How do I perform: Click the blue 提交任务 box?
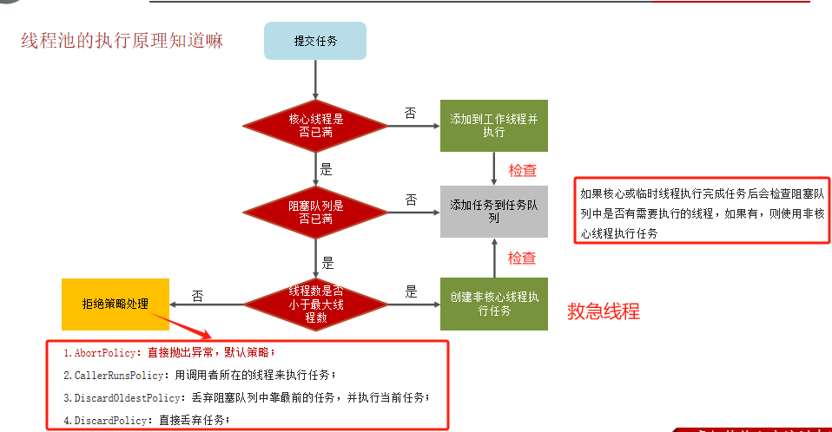[315, 41]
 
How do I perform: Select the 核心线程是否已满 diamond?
[315, 125]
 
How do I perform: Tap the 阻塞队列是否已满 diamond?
[315, 211]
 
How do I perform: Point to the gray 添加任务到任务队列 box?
[494, 212]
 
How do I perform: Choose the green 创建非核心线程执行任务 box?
[494, 304]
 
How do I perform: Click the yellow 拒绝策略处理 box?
[115, 304]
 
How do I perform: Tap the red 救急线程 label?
[604, 311]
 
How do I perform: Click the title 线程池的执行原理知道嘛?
[122, 41]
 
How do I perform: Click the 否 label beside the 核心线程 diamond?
[411, 113]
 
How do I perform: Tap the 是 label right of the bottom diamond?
[411, 291]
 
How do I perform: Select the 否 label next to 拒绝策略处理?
[198, 296]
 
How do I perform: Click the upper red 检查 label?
[522, 170]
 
